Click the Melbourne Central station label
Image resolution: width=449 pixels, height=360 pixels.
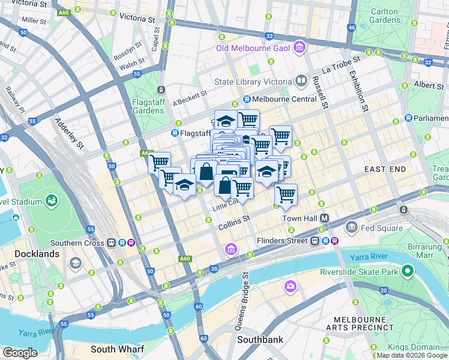tap(277, 99)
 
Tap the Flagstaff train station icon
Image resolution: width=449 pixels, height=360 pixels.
tap(175, 133)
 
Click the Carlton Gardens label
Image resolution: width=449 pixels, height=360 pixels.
tap(385, 16)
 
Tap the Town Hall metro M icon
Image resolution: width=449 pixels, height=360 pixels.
tap(325, 218)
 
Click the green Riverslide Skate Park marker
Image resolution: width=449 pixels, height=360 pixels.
tap(407, 271)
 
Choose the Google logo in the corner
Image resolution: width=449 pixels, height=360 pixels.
tap(20, 352)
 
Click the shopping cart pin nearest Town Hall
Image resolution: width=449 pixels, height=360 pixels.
tap(286, 195)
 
